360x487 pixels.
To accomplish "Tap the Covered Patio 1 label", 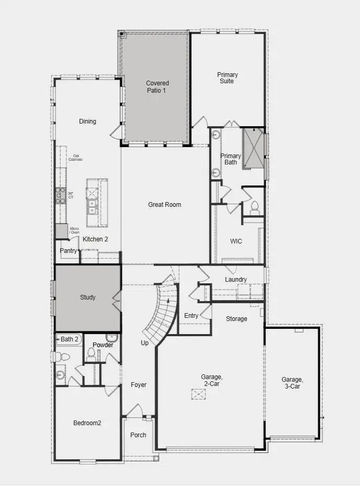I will (157, 86).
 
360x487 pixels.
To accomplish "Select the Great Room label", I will (165, 205).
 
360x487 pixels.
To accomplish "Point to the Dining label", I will (87, 121).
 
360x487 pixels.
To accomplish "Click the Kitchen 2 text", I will (95, 239).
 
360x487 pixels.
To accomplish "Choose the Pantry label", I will (68, 251).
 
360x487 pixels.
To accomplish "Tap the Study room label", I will (87, 297).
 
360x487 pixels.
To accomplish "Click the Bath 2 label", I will (70, 339).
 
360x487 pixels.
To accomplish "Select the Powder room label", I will (103, 345).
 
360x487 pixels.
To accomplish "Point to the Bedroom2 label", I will (87, 423).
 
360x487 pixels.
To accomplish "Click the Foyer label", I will (139, 385).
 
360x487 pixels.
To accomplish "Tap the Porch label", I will (138, 435).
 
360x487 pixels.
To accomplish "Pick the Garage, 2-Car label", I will (212, 380).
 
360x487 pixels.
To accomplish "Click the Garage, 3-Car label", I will (291, 383).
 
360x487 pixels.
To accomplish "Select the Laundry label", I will (236, 280).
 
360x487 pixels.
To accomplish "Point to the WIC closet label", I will (236, 242).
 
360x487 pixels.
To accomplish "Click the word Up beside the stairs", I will (144, 343).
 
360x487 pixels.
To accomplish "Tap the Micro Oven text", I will (74, 230).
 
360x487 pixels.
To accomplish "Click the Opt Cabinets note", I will (77, 158).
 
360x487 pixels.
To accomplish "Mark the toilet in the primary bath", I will (255, 207).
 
